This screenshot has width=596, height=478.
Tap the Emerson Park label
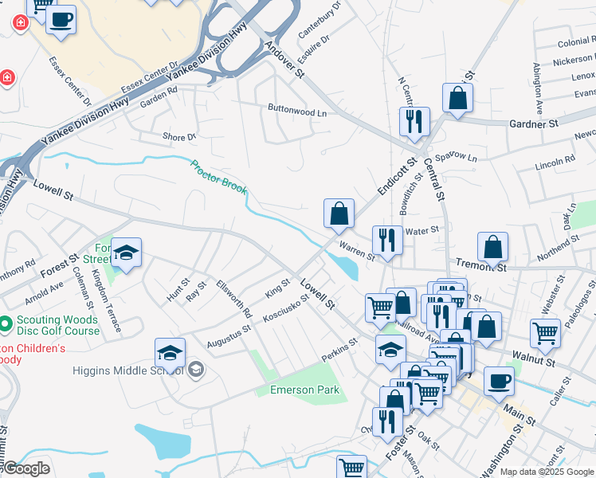pyautogui.click(x=305, y=390)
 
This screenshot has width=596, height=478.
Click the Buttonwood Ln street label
pyautogui.click(x=297, y=112)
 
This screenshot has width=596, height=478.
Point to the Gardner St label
pyautogui.click(x=533, y=124)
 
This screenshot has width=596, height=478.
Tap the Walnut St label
pyautogui.click(x=534, y=360)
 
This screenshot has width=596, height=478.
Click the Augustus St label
pyautogui.click(x=229, y=335)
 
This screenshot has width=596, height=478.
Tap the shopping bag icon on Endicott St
pyautogui.click(x=339, y=213)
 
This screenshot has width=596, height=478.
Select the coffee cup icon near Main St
pyautogui.click(x=499, y=380)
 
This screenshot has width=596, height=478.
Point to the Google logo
pyautogui.click(x=25, y=468)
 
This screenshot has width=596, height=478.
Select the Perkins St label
pyautogui.click(x=338, y=346)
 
